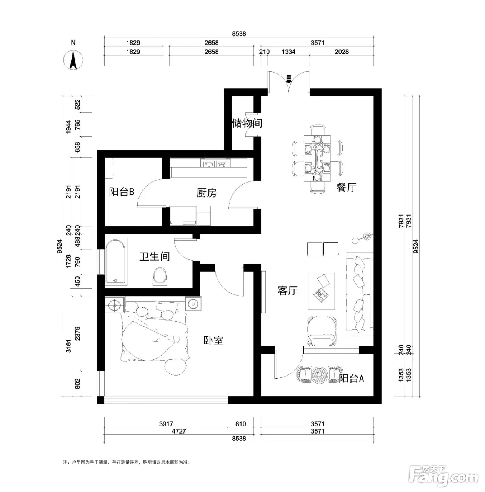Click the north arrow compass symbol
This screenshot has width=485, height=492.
pos(73,60)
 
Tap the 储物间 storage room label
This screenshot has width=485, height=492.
pos(247,123)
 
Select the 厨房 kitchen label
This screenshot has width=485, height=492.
pos(207,193)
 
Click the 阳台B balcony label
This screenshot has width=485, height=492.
pos(122,192)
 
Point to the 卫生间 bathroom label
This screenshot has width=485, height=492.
pos(155,256)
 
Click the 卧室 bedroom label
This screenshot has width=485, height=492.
pos(213,340)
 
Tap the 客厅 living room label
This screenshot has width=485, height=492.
pos(287,291)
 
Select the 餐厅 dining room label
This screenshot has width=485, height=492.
pos(346,188)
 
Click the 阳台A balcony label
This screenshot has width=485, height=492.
pos(352,378)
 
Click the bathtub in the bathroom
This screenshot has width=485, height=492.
pos(116,261)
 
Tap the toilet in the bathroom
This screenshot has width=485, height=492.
pos(160,277)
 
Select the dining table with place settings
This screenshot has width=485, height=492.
pos(317,158)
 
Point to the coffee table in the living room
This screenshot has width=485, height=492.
pos(322,291)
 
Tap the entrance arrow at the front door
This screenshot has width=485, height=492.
pos(288,79)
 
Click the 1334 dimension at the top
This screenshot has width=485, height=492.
pos(288,52)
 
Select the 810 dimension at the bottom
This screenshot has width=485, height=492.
pos(240,424)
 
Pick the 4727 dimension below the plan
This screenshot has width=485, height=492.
pos(179,431)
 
